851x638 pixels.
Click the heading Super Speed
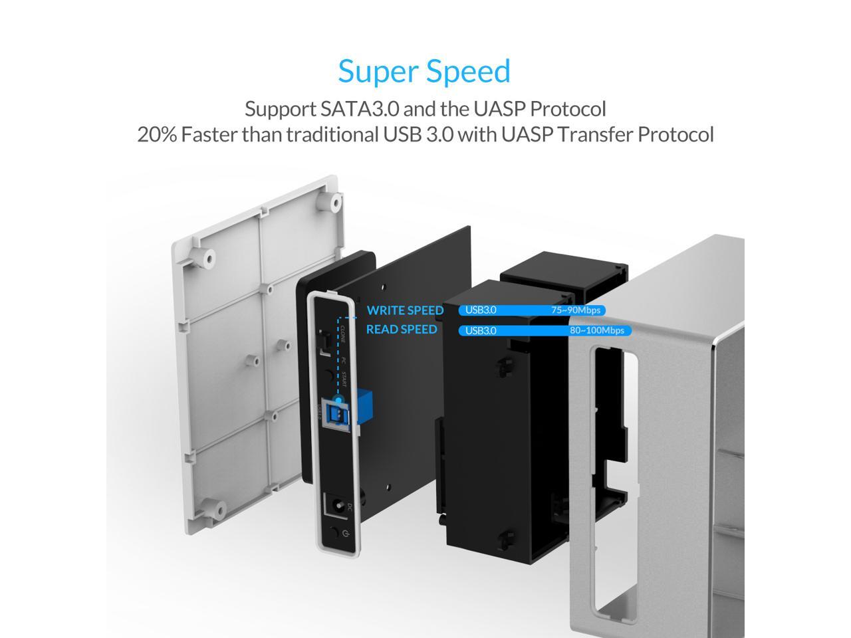point(424,71)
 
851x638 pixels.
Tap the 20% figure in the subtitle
point(157,134)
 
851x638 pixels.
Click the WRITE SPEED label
point(405,310)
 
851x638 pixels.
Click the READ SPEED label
point(402,330)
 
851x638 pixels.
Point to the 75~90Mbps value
point(576,310)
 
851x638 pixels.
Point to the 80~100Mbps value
point(596,330)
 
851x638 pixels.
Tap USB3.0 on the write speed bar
point(481,310)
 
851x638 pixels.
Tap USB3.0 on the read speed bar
point(481,330)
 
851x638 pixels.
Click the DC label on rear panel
point(348,507)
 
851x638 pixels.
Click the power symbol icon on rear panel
point(342,532)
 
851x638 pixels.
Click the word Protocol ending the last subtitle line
point(675,134)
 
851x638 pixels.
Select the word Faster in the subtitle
point(209,134)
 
